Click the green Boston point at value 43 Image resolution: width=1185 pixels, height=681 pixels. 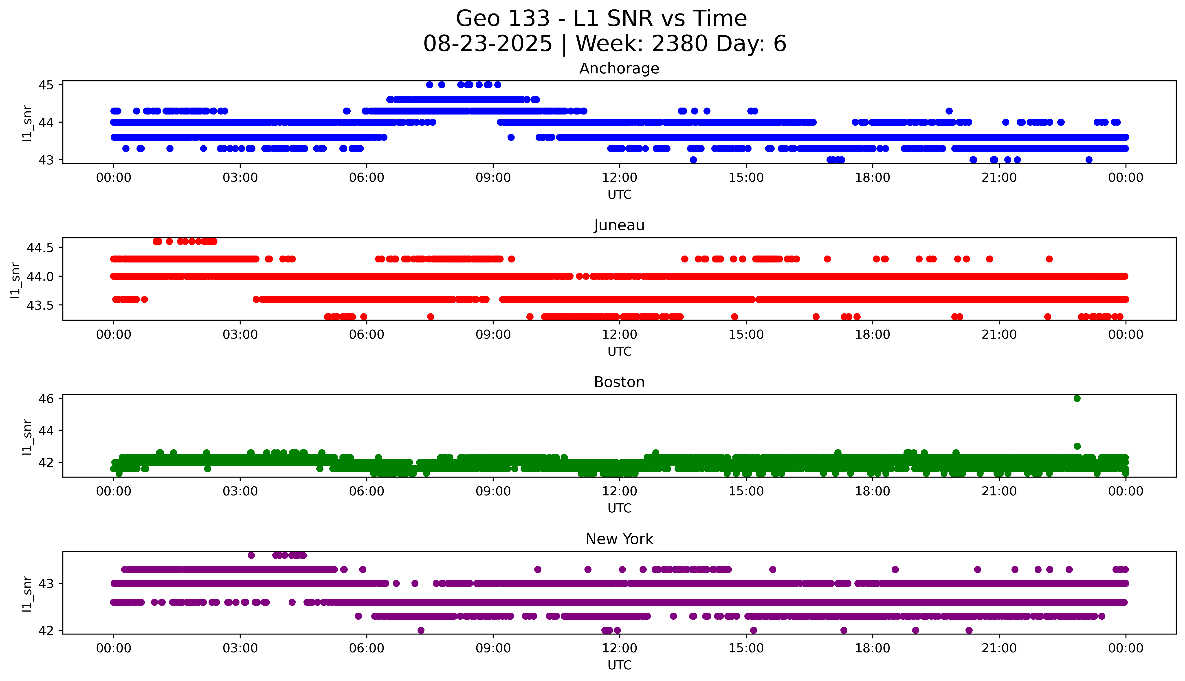[1077, 446]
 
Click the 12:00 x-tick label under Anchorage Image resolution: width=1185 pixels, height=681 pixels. [619, 178]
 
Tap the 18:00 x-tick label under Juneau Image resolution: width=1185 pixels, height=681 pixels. [872, 334]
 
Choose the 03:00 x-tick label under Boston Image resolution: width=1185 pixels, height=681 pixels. [240, 491]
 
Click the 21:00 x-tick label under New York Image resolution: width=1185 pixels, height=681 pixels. [999, 648]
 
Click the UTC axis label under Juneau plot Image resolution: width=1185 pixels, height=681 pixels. [619, 351]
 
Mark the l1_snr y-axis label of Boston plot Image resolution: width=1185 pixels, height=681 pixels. [27, 436]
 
